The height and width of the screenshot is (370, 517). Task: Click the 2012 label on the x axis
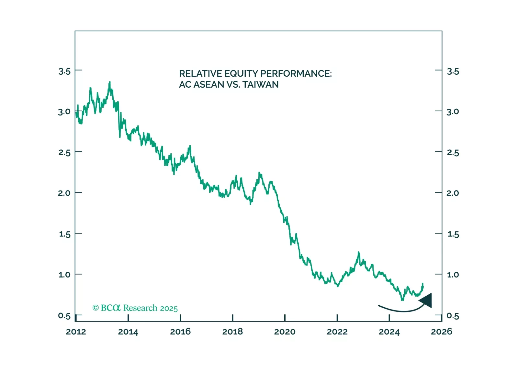click(76, 332)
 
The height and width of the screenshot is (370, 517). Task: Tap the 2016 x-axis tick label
click(180, 332)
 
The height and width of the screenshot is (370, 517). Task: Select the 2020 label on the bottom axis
click(285, 332)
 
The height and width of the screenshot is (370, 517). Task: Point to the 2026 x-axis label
click(442, 332)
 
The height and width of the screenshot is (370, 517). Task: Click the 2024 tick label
click(389, 332)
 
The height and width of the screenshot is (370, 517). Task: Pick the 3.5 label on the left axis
click(64, 71)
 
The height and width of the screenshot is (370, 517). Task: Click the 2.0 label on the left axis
click(64, 193)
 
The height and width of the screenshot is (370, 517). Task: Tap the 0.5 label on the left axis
click(64, 316)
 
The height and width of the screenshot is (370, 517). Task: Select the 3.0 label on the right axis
click(453, 112)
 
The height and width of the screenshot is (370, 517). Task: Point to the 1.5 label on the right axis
click(453, 234)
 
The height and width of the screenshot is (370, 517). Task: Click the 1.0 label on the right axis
click(453, 275)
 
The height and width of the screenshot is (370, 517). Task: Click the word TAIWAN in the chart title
click(260, 85)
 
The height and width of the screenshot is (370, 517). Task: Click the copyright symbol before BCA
click(96, 308)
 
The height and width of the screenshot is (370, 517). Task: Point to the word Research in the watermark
click(140, 308)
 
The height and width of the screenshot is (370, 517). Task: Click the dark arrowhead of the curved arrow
click(427, 300)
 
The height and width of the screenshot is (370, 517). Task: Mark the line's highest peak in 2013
click(110, 82)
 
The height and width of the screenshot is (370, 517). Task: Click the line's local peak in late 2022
click(359, 252)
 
